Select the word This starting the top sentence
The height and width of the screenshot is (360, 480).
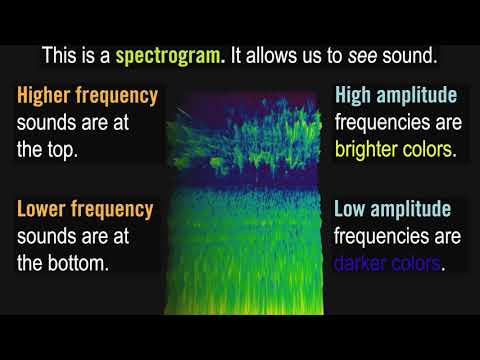(61, 54)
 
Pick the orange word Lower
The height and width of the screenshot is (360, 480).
(44, 209)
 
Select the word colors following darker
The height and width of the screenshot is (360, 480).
(418, 265)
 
